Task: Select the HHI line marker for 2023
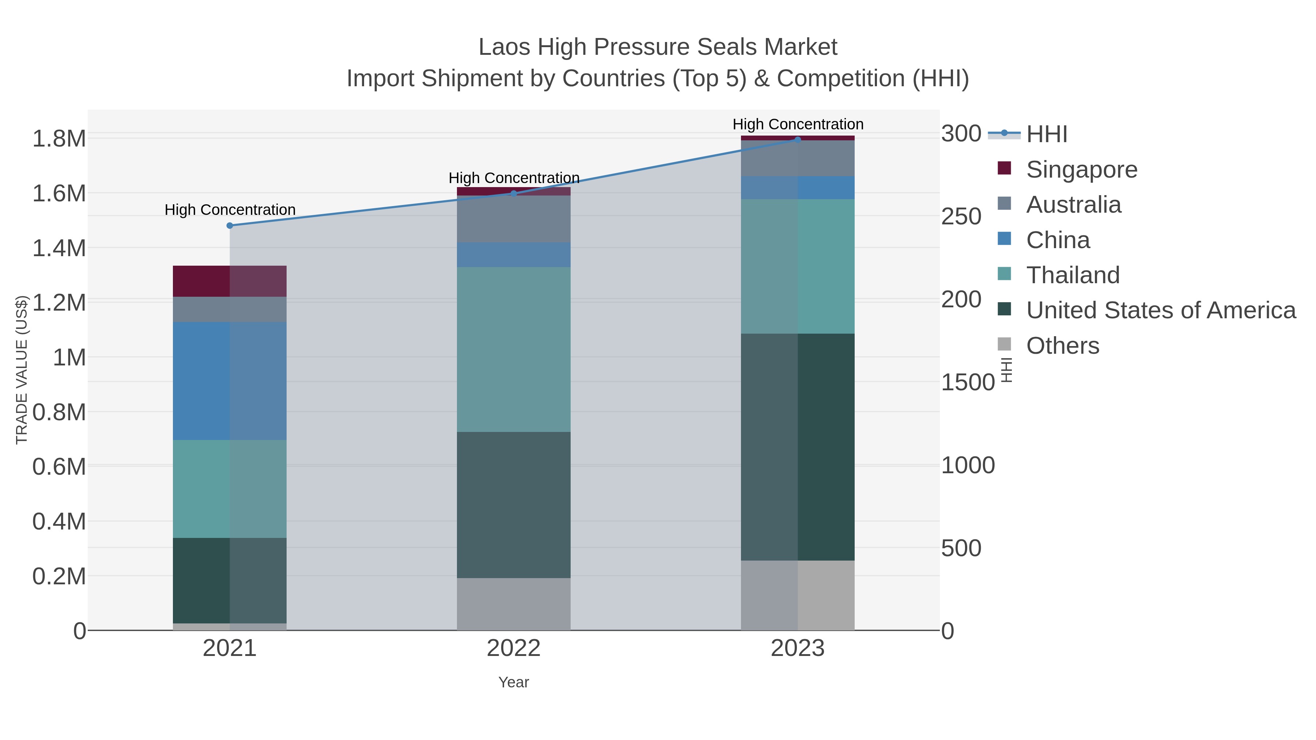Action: [798, 140]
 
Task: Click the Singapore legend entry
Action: [1082, 170]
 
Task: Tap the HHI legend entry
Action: [1046, 134]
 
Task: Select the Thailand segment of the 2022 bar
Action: [514, 349]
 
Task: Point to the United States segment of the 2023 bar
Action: [798, 447]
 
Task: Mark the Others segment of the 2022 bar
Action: [514, 604]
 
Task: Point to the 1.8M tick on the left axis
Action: [59, 139]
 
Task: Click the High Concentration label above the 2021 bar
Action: [230, 210]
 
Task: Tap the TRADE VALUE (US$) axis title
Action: [22, 370]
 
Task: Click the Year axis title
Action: [514, 682]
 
